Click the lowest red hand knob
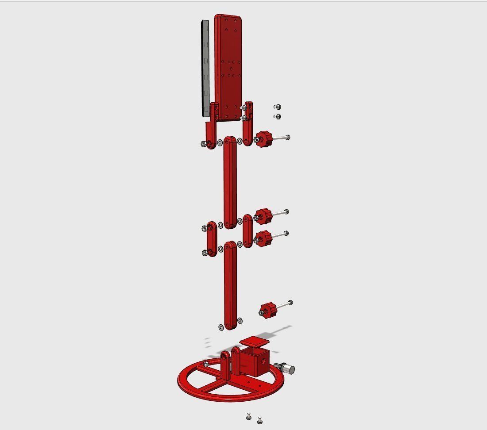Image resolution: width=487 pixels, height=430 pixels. tap(267, 309)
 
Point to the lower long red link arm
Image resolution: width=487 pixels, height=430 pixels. tap(230, 285)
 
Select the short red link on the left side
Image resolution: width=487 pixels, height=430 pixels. tap(212, 239)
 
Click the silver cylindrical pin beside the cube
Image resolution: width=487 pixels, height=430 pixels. tap(286, 368)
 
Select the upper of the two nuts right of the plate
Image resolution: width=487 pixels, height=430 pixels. tap(278, 107)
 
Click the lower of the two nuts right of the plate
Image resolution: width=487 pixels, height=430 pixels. tap(278, 116)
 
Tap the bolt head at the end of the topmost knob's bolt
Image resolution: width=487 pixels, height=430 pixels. tap(288, 138)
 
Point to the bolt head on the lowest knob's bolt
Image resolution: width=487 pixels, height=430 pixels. tap(290, 303)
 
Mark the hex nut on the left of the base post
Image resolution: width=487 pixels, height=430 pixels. tap(206, 365)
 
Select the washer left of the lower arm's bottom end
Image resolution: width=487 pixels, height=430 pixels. tap(221, 327)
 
